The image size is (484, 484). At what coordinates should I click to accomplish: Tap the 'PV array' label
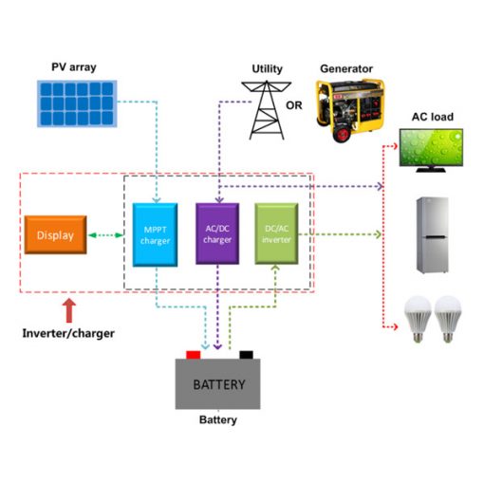pyautogui.click(x=74, y=67)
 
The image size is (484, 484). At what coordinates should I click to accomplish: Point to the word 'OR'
pyautogui.click(x=294, y=105)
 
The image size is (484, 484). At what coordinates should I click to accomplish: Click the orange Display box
pyautogui.click(x=55, y=235)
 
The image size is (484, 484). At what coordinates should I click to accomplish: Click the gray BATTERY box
pyautogui.click(x=218, y=384)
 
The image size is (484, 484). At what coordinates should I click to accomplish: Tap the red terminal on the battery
pyautogui.click(x=194, y=355)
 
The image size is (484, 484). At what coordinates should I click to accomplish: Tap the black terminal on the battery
pyautogui.click(x=247, y=355)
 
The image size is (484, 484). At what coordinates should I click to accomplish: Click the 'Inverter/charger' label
pyautogui.click(x=68, y=333)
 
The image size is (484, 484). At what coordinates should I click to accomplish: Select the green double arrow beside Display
pyautogui.click(x=106, y=235)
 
